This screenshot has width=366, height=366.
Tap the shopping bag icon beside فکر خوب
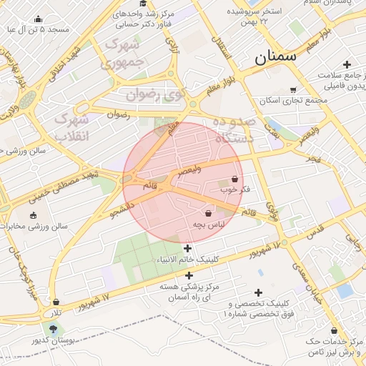tap(234, 179)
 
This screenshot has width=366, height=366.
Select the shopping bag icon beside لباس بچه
tap(208, 213)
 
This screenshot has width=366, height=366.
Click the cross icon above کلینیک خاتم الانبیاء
tap(187, 249)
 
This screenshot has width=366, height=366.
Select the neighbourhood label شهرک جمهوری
tap(125, 54)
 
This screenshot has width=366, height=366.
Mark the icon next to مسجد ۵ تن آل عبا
tap(37, 19)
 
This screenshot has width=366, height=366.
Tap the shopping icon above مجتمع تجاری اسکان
tap(292, 89)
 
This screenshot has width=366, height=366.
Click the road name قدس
tap(315, 231)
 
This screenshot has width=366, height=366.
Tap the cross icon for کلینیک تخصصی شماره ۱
tap(259, 292)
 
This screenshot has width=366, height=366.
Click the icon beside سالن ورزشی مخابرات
tap(32, 215)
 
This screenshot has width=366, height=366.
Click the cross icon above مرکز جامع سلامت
tap(347, 64)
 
